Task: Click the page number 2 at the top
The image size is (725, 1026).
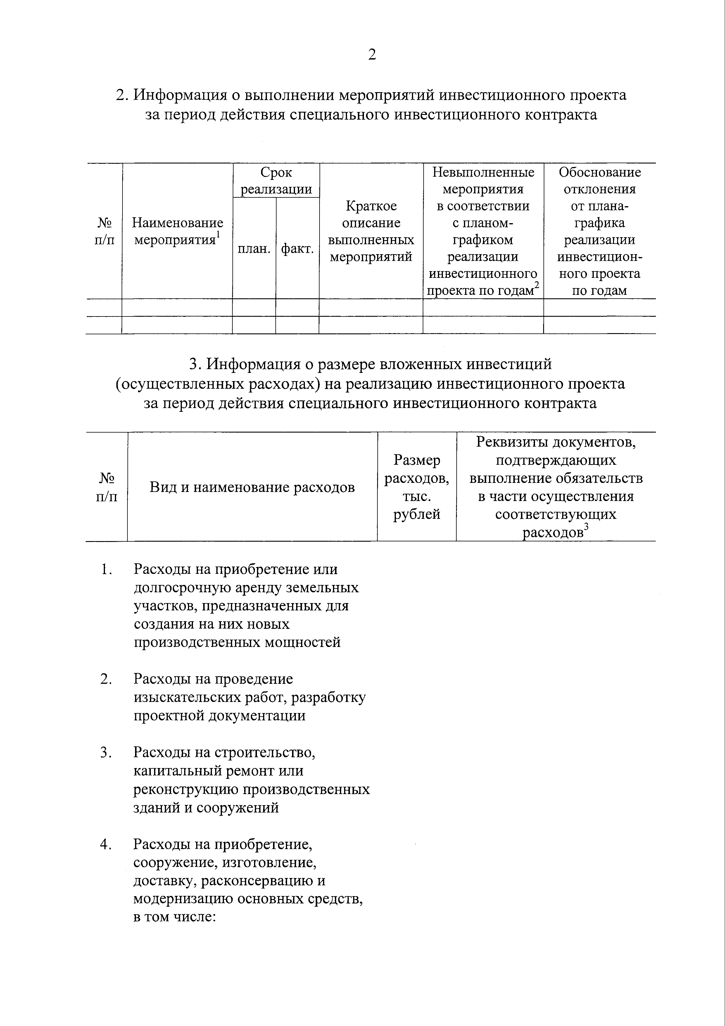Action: (x=372, y=55)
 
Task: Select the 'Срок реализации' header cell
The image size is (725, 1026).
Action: (x=276, y=180)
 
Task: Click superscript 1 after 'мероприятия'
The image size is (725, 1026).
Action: (x=218, y=235)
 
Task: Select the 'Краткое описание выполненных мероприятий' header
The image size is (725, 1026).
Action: (x=371, y=231)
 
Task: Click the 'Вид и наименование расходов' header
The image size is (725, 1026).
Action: (x=252, y=487)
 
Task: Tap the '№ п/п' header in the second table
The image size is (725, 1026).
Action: (x=106, y=487)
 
